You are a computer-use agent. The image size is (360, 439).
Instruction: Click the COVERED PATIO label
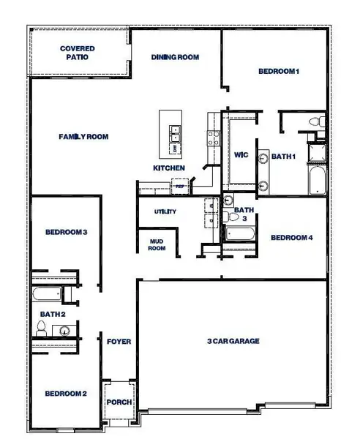coord(77,53)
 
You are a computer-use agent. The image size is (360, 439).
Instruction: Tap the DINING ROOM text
coord(176,57)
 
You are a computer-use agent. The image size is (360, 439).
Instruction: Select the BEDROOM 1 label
coord(279,71)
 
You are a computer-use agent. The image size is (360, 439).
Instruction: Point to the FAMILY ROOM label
coord(84,136)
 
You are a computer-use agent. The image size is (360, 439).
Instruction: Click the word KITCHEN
coord(168,168)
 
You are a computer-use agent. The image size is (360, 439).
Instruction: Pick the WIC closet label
coord(242,154)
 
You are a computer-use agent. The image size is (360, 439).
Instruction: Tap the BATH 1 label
coord(284,156)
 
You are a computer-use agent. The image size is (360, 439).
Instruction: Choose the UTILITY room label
coord(165,211)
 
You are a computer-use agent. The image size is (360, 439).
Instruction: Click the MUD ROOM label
coord(157,244)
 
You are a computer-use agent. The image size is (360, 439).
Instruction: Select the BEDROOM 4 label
coord(291,238)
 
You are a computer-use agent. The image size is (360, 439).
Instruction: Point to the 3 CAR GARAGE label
coord(232,341)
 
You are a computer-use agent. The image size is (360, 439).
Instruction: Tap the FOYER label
coord(119,342)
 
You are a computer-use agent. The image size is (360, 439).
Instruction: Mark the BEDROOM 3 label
coord(67,233)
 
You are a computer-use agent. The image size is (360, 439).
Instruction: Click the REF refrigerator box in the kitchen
coord(180,187)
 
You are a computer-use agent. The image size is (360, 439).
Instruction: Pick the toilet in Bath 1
coord(316,122)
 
